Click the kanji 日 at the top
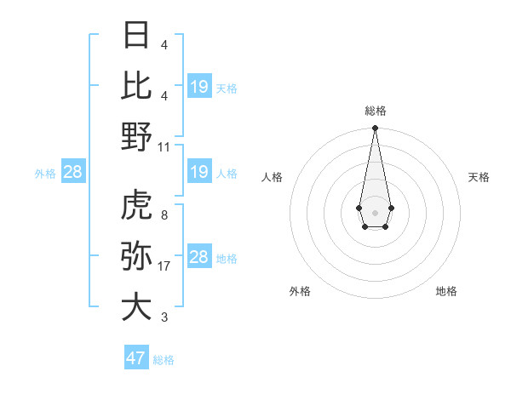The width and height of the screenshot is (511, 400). tap(137, 35)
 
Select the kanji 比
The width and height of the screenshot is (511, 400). tap(137, 85)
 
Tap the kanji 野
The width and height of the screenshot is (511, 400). tap(137, 136)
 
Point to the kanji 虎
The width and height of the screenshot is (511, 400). tap(137, 205)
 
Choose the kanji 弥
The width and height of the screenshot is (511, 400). tap(137, 256)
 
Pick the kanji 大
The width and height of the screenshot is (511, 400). tap(137, 307)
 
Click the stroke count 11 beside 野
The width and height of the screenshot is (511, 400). tap(164, 146)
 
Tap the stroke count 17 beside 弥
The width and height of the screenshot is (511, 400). tap(164, 266)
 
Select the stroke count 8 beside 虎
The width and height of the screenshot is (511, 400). tap(164, 215)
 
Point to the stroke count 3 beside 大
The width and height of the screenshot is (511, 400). tap(164, 317)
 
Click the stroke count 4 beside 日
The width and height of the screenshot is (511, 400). tap(164, 44)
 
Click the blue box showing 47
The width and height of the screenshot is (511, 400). tap(136, 358)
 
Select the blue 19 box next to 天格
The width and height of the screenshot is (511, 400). tap(199, 86)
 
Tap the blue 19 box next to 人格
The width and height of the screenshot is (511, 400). tap(199, 173)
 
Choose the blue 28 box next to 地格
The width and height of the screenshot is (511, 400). tap(199, 257)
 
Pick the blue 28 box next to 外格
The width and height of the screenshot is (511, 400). tap(73, 173)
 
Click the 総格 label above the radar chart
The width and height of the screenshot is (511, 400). tap(376, 111)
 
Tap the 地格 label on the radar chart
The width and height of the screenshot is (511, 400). tap(446, 291)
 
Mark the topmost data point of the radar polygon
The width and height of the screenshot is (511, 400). tap(375, 129)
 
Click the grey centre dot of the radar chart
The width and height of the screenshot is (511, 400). tap(375, 211)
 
